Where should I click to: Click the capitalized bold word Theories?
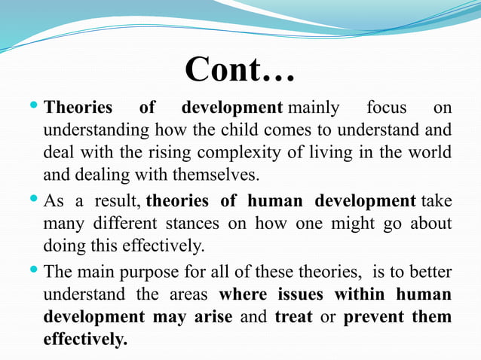coord(78,108)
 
